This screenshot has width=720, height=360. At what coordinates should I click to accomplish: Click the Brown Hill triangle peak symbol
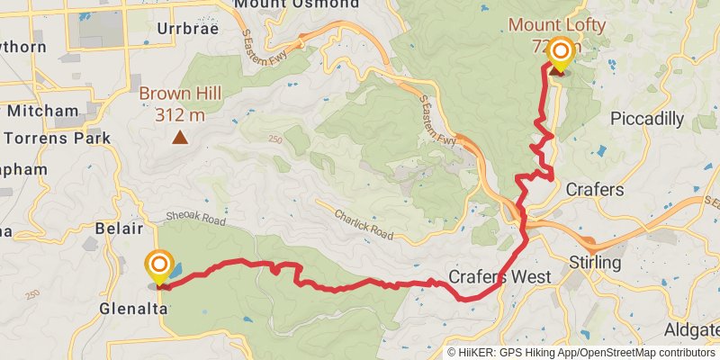(181, 138)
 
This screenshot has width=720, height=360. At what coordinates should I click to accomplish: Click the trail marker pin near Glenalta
(159, 266)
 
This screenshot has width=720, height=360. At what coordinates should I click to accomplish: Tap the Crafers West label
(500, 277)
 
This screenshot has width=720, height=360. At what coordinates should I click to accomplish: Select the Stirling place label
(596, 263)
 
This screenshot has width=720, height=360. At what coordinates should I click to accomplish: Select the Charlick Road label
(363, 224)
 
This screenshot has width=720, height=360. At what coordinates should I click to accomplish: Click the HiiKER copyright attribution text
(581, 352)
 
